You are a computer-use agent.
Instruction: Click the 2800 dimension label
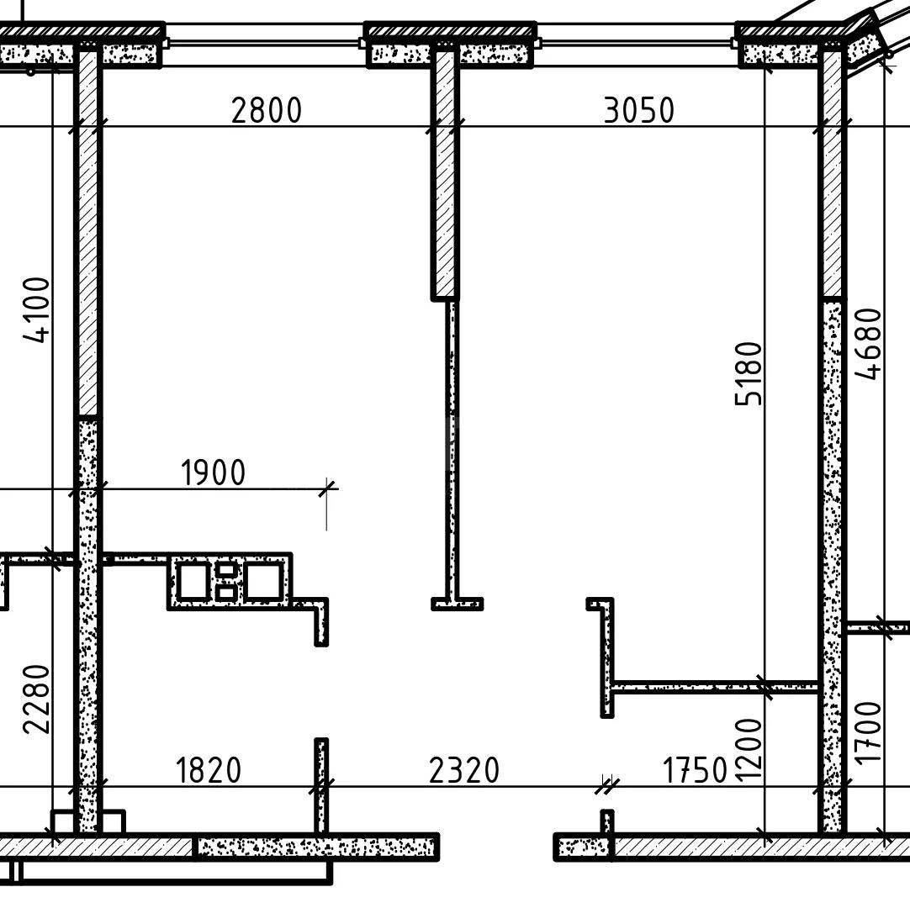click(267, 110)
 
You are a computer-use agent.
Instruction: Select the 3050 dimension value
click(639, 110)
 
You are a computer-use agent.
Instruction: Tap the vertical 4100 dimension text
click(37, 310)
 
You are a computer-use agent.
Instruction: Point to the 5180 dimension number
click(748, 373)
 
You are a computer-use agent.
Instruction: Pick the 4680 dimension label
click(869, 344)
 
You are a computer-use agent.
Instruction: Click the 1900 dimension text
click(214, 472)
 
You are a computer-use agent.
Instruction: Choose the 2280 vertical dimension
click(37, 699)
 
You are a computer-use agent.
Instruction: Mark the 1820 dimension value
click(208, 770)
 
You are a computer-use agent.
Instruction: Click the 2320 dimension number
click(464, 770)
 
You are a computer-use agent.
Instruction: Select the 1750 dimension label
click(695, 770)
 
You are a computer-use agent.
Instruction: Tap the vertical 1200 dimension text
click(748, 749)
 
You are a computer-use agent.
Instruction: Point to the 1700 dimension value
click(869, 733)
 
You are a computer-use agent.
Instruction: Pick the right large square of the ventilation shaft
click(264, 581)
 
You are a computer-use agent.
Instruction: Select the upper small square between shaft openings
click(225, 570)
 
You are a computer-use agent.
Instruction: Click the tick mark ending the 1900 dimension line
click(327, 488)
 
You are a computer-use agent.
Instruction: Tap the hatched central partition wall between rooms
click(445, 174)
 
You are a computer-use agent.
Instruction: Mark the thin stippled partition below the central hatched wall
click(452, 452)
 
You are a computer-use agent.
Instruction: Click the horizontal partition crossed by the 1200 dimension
click(715, 688)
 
